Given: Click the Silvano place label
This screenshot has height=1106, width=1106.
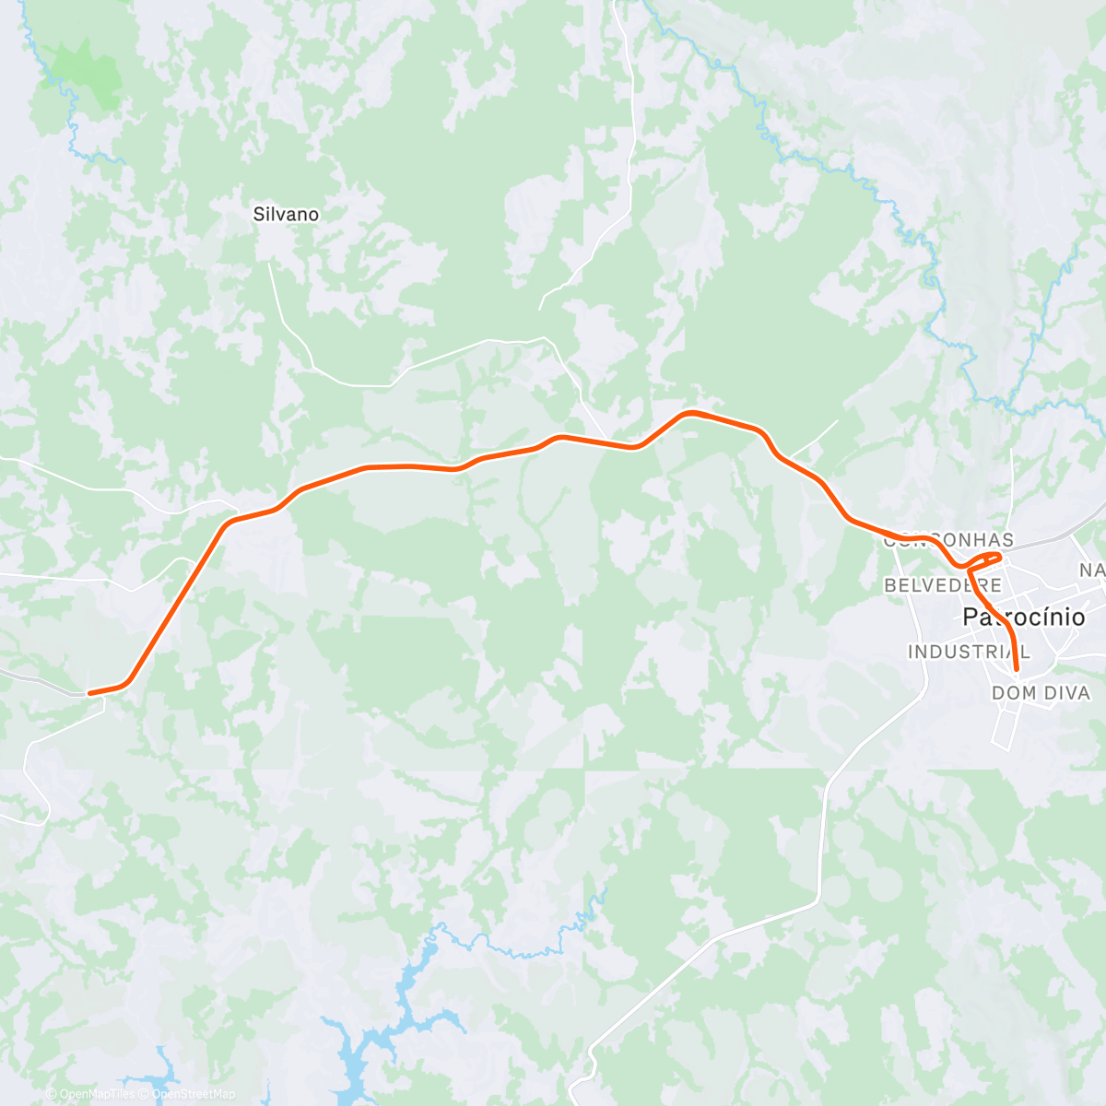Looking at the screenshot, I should [x=286, y=215].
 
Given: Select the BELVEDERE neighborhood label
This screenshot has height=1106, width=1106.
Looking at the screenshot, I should [x=942, y=585].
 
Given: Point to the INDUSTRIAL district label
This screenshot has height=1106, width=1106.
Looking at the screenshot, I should [x=969, y=652].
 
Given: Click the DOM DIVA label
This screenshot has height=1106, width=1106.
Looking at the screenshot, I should [x=1041, y=693].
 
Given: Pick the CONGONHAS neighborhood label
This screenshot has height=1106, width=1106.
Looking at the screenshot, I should [x=948, y=540].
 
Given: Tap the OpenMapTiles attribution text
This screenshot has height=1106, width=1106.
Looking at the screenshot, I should [x=96, y=1094].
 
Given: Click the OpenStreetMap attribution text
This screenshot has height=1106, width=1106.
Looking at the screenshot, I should [x=193, y=1094].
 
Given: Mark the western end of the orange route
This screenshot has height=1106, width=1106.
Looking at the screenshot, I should [x=89, y=692].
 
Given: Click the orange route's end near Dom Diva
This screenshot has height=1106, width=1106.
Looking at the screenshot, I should [x=1017, y=668].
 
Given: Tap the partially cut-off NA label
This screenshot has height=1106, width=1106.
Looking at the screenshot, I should [x=1092, y=571].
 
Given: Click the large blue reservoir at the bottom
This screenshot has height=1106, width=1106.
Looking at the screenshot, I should [x=359, y=1041].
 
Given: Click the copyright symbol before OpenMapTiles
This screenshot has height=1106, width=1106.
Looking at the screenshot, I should [x=53, y=1094].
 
